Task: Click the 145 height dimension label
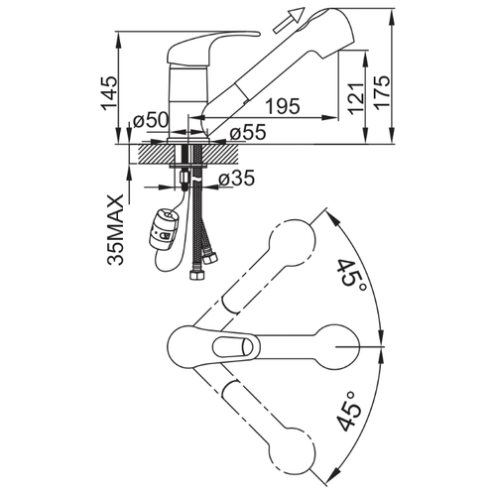click(109, 93)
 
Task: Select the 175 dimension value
click(383, 91)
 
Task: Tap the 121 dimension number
click(356, 98)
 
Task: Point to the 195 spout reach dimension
click(283, 106)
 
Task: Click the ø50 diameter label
click(151, 121)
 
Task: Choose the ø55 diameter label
click(248, 133)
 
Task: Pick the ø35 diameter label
click(237, 179)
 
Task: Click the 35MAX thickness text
click(115, 229)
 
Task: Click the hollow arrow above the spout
click(289, 20)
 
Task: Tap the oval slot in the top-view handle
click(233, 348)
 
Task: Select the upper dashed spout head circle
click(293, 242)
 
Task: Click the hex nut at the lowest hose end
click(196, 276)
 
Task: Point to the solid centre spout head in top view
click(337, 346)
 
